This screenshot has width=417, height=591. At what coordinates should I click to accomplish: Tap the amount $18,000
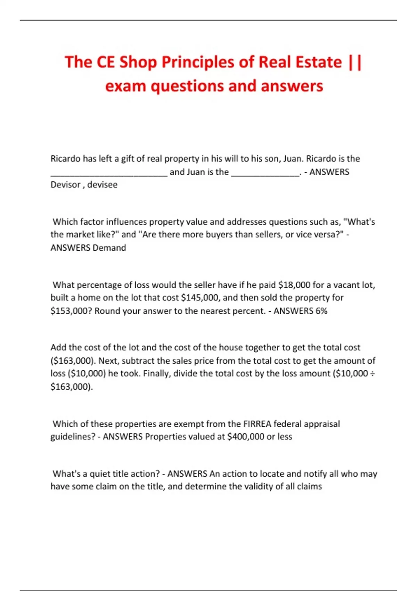[294, 285]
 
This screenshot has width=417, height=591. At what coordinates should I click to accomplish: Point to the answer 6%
[321, 311]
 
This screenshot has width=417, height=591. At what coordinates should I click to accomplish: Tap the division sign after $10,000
[372, 374]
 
